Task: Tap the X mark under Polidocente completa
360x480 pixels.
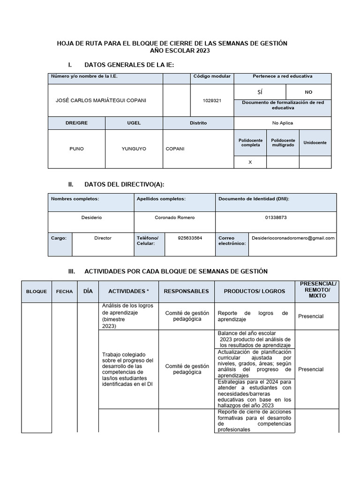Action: (250, 162)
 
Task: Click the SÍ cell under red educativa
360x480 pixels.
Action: (260, 92)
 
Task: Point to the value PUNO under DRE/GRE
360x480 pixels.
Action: (76, 149)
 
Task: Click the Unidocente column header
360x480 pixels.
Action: (315, 142)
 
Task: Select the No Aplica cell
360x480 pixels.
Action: (282, 123)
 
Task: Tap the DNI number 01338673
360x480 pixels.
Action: (276, 218)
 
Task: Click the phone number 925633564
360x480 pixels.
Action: (190, 238)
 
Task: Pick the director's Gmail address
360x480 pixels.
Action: (293, 238)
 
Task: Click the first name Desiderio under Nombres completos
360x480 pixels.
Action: (91, 218)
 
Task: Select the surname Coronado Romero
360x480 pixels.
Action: (174, 218)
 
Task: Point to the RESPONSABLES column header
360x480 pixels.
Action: (186, 291)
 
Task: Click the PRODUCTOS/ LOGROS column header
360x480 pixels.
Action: (255, 291)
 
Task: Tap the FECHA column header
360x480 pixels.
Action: (64, 292)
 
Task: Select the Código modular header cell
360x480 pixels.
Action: (211, 76)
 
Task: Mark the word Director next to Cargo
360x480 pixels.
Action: (103, 238)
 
